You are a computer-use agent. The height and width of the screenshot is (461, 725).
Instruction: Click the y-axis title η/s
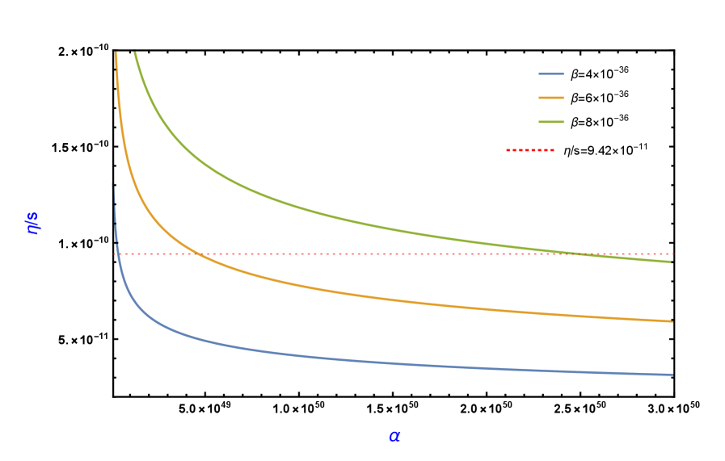pos(33,223)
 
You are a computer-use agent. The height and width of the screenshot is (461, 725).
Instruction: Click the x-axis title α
pos(394,436)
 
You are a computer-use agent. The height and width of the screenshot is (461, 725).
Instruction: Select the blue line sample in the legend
pos(551,73)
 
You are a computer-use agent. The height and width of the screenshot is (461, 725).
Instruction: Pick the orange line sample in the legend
pos(551,98)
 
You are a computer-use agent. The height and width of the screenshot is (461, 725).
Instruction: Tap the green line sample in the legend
pos(551,122)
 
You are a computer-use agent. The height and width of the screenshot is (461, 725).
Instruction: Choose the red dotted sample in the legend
pos(530,150)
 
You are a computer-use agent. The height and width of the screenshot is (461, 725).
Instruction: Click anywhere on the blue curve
pos(323,358)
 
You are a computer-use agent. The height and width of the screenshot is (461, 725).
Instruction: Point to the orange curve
pos(323,290)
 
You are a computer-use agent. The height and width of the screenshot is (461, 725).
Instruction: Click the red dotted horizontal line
pos(404,254)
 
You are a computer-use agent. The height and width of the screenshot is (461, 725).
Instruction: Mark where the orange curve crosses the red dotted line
pos(197,254)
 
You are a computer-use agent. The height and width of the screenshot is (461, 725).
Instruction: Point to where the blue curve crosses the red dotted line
pos(117,254)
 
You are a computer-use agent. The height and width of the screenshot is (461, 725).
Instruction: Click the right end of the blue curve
pos(672,375)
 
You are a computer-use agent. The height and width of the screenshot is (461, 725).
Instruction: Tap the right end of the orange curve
pos(672,321)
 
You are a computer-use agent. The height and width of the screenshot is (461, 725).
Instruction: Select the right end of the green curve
pos(671,262)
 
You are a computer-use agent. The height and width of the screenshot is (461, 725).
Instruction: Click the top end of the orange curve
pos(116,53)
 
